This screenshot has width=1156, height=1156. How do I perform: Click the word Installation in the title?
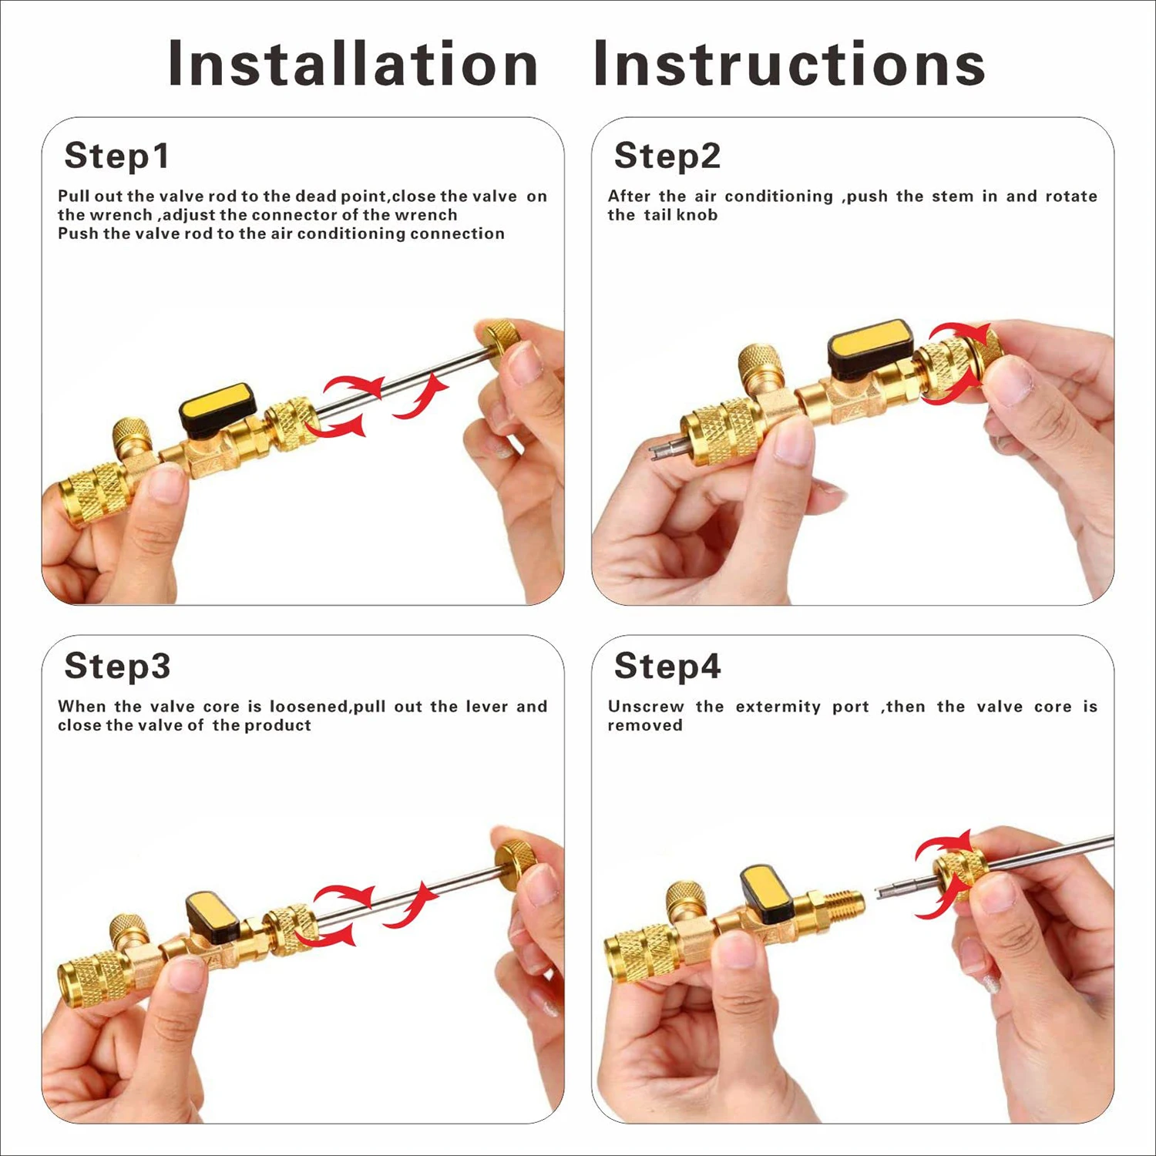pos(352,63)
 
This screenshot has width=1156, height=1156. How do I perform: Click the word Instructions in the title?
pos(789,63)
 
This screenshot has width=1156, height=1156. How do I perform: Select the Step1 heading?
pos(116,156)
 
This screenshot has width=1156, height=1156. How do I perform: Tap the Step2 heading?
pos(667,156)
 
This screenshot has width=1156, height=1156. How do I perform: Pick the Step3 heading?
pos(117,666)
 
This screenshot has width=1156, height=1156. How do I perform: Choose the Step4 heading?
pos(667,666)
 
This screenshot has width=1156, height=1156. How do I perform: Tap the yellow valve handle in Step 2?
pos(869,341)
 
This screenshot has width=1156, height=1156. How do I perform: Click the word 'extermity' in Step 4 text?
pos(778,707)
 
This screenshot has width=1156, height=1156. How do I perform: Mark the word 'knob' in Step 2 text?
pos(697,215)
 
